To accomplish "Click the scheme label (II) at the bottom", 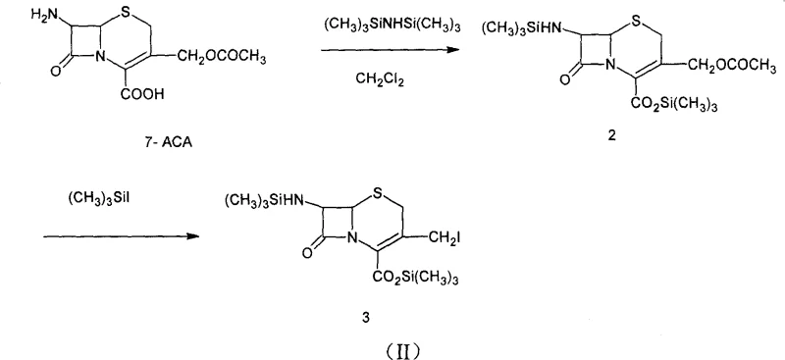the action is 392,344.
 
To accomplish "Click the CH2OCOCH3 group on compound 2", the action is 735,66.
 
